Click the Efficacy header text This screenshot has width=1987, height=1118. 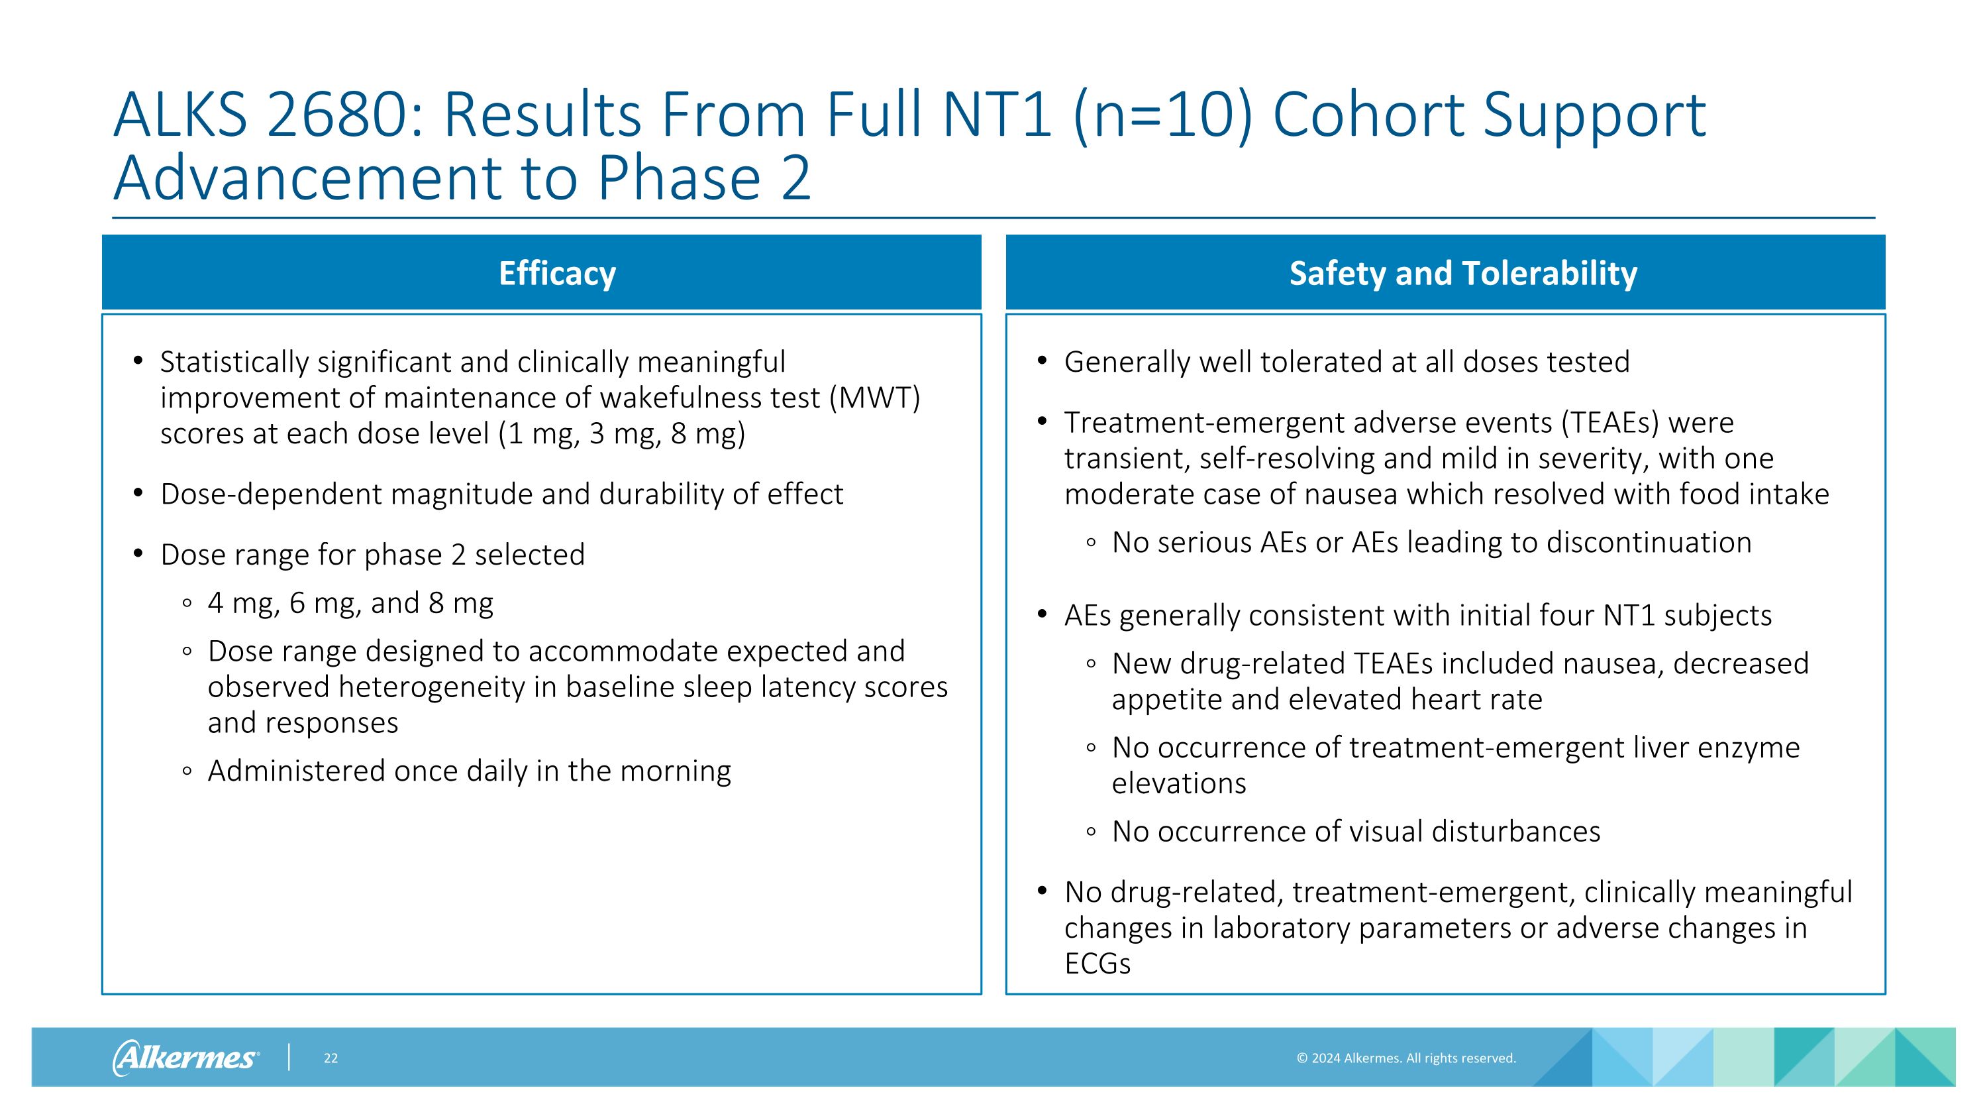point(557,273)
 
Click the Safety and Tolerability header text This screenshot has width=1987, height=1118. point(1462,273)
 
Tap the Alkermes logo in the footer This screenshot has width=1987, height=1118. point(185,1057)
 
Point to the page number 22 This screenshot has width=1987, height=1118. point(330,1058)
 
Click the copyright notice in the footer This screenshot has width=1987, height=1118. point(1405,1058)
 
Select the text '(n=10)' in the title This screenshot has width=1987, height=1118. point(1162,116)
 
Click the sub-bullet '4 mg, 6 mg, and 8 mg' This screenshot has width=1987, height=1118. point(350,602)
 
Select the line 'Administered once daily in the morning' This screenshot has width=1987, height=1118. point(469,771)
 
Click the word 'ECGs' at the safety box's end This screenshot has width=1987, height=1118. point(1097,964)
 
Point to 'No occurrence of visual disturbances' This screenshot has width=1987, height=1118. point(1355,831)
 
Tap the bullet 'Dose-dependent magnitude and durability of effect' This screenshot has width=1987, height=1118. point(501,494)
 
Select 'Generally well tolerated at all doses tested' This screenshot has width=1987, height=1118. point(1346,362)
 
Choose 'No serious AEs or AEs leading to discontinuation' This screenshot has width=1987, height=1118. point(1431,542)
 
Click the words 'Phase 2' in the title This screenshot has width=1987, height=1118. point(703,178)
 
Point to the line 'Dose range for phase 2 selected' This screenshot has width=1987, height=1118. point(372,555)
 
